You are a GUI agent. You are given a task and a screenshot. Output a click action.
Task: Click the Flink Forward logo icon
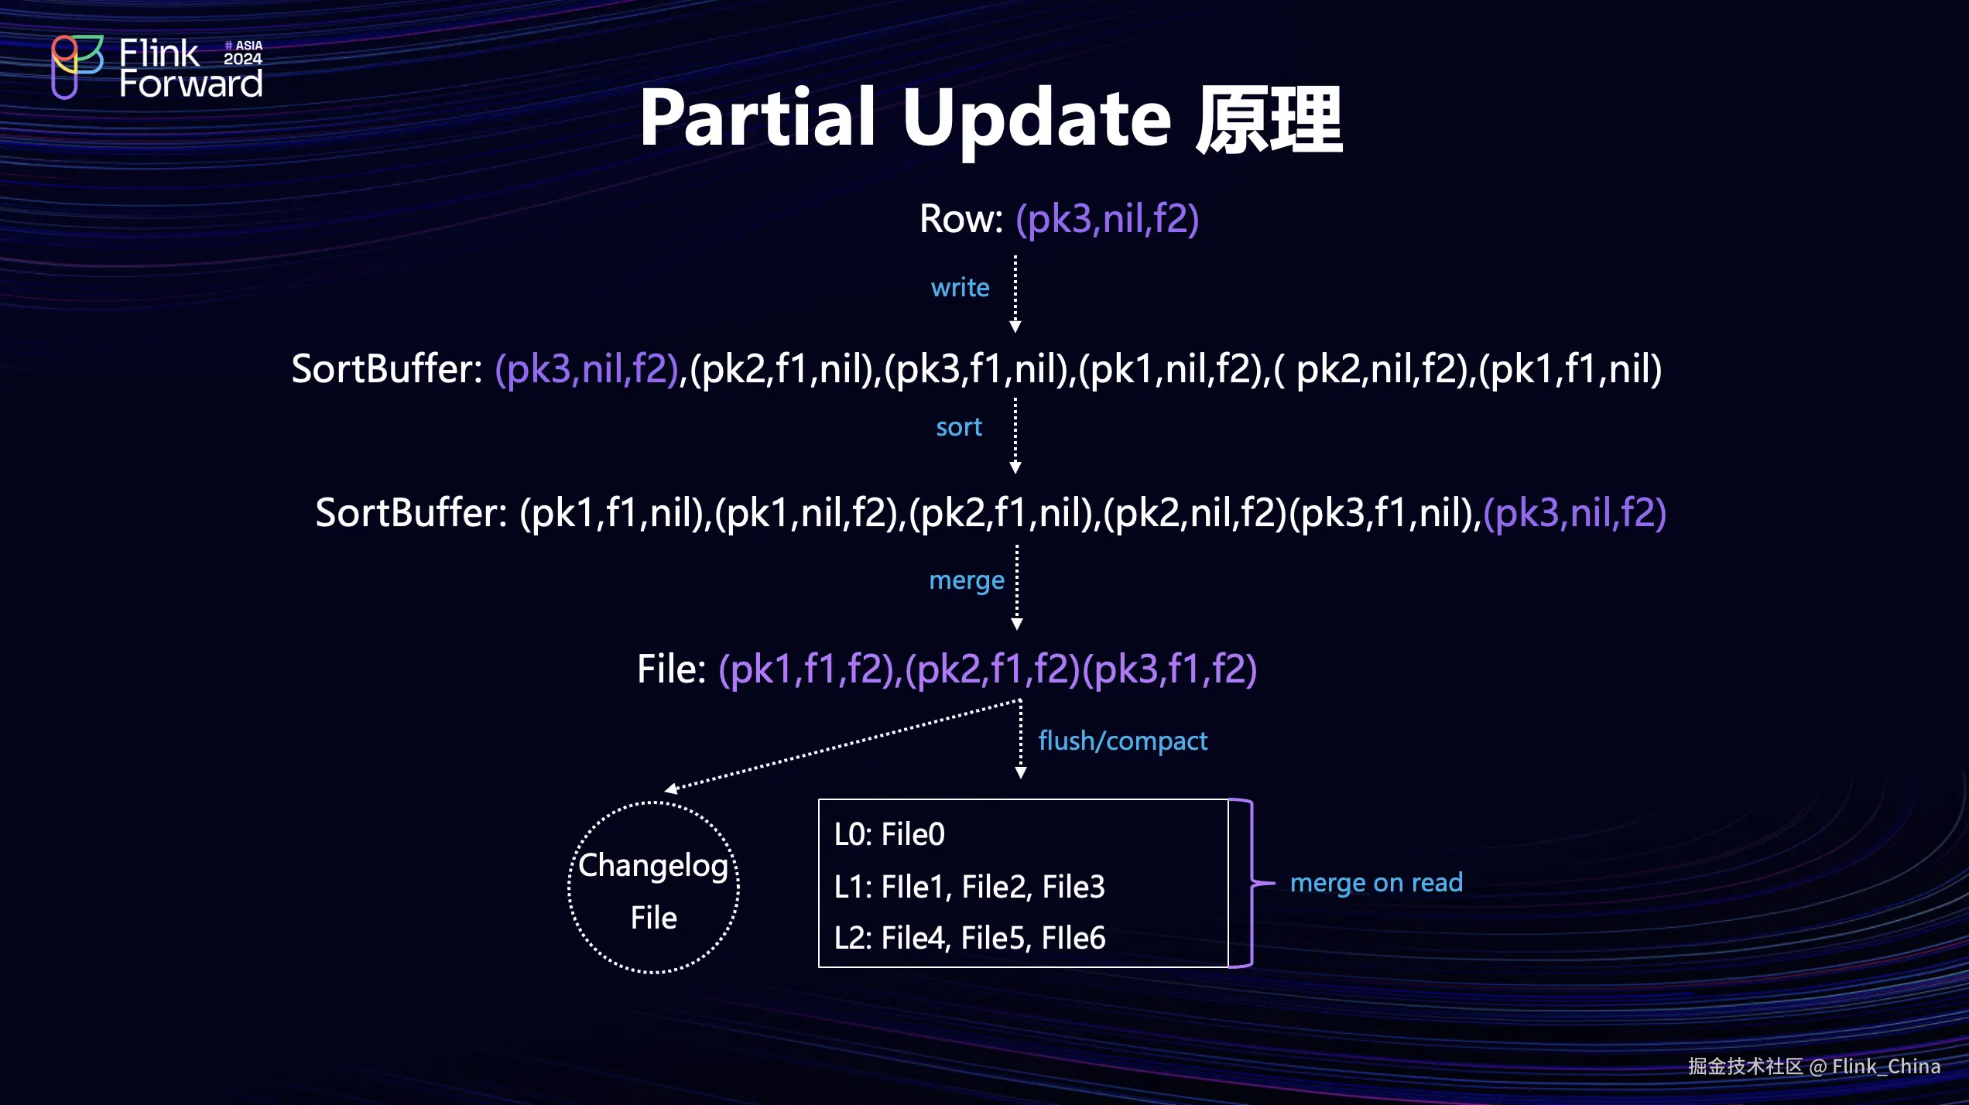pyautogui.click(x=77, y=66)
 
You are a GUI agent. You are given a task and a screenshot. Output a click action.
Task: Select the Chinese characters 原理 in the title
pyautogui.click(x=1269, y=120)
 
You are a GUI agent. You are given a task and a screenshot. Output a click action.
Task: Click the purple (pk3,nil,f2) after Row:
pyautogui.click(x=1107, y=219)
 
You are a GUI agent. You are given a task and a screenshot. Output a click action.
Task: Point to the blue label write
pyautogui.click(x=960, y=288)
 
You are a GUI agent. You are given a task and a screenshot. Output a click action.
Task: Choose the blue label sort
pyautogui.click(x=959, y=427)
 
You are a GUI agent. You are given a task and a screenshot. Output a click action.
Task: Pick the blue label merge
pyautogui.click(x=966, y=580)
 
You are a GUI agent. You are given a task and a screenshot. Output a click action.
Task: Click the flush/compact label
pyautogui.click(x=1122, y=741)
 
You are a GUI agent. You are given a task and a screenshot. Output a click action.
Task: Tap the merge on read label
pyautogui.click(x=1376, y=883)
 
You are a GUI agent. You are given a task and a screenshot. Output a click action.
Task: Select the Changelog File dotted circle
pyautogui.click(x=654, y=888)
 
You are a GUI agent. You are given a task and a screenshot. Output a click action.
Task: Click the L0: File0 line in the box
pyautogui.click(x=889, y=835)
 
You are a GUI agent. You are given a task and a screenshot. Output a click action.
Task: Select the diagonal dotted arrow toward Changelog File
pyautogui.click(x=844, y=744)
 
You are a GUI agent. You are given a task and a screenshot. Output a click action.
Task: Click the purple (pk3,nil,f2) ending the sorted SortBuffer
pyautogui.click(x=1574, y=513)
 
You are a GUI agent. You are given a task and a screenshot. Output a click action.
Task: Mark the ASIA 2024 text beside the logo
pyautogui.click(x=243, y=53)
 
